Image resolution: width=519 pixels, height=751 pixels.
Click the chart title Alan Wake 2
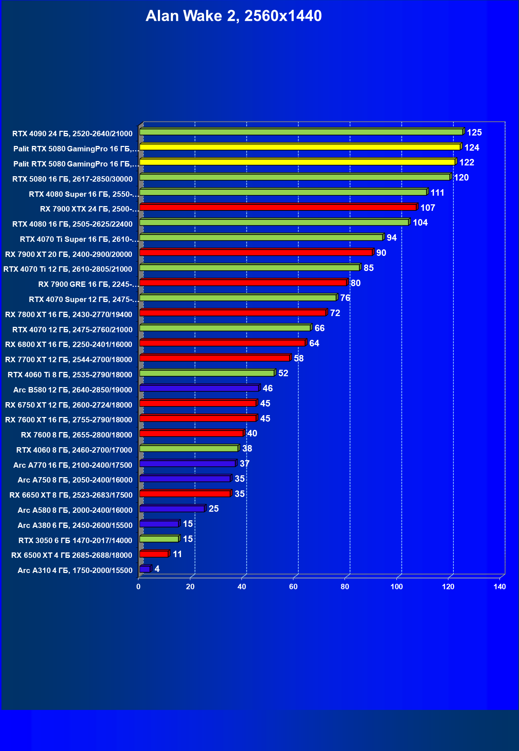(234, 16)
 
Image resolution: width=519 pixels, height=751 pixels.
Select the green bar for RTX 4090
(301, 132)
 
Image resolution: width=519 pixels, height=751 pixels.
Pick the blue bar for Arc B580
(199, 388)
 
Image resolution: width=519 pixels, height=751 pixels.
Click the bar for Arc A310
(145, 569)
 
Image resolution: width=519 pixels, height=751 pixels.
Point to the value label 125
(474, 133)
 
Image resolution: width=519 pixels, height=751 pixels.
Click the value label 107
(427, 208)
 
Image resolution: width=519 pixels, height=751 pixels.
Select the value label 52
(283, 373)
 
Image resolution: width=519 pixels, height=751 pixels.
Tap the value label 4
(157, 569)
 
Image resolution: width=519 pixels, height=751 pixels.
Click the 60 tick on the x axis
(293, 587)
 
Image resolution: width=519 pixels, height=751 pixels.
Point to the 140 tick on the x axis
(500, 587)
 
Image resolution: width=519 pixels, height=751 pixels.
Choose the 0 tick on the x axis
(138, 587)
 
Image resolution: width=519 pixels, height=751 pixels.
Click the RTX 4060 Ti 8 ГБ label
(70, 375)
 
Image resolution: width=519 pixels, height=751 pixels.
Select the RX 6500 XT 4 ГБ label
(72, 555)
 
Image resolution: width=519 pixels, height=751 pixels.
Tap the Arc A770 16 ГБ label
(73, 465)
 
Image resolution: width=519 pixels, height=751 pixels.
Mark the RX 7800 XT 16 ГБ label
(68, 315)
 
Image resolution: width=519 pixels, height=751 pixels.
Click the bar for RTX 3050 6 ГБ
(159, 539)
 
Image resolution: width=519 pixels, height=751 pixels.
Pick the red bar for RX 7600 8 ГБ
(191, 433)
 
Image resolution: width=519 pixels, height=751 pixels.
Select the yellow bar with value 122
(297, 162)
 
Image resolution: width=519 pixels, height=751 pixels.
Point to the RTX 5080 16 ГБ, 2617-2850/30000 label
(72, 179)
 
